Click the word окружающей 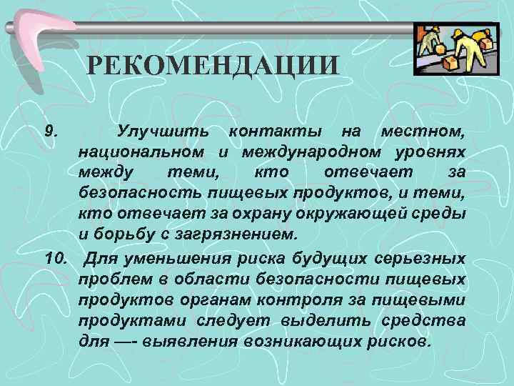346,214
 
